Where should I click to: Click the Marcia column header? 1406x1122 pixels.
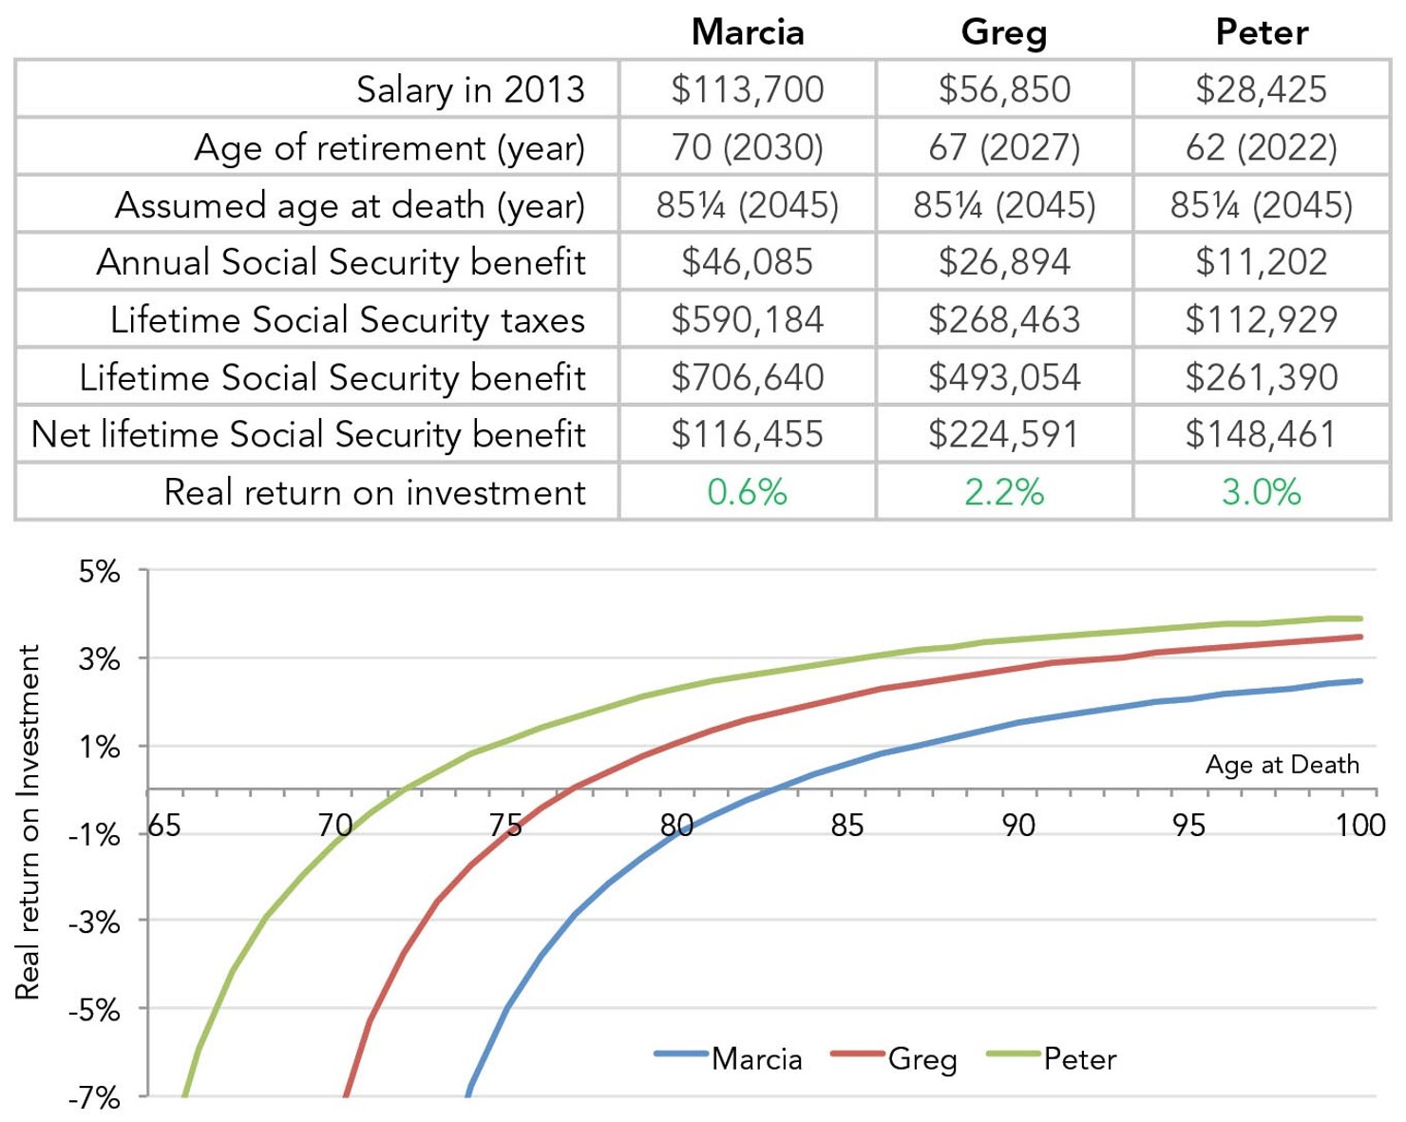coord(748,32)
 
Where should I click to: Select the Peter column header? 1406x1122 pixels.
coord(1261,32)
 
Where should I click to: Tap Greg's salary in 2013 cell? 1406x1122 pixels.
coord(1004,89)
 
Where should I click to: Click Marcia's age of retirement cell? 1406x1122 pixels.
coord(748,147)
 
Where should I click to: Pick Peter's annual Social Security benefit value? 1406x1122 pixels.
coord(1261,261)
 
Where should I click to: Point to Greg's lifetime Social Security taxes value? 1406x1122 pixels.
coord(1004,319)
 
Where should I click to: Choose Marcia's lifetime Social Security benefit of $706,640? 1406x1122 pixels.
coord(748,377)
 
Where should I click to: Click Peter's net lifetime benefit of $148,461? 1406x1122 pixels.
coord(1261,434)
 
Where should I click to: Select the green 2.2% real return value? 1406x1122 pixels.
coord(1004,492)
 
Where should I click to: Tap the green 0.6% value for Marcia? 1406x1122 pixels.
coord(748,492)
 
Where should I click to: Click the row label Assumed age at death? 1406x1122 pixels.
coord(350,205)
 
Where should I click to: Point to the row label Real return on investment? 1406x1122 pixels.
coord(374,492)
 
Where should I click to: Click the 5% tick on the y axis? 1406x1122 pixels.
coord(100,572)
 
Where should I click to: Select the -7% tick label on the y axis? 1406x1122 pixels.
coord(95,1098)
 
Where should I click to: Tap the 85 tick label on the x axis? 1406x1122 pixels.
coord(846,826)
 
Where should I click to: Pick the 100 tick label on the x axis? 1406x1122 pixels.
coord(1359,826)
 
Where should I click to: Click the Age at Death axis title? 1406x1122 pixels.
coord(1282,765)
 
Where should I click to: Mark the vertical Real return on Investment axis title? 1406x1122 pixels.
coord(28,822)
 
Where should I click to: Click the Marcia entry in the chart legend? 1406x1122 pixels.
coord(756,1058)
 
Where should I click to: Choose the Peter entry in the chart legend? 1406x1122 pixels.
coord(1079,1058)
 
